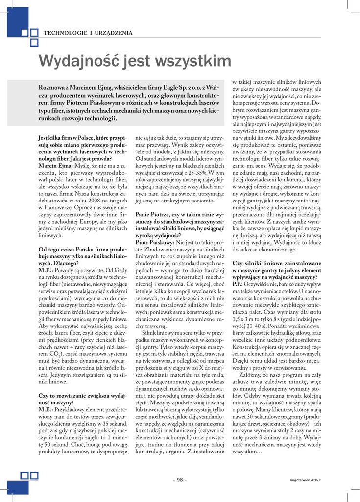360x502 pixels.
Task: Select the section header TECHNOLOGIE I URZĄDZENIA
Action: [88, 33]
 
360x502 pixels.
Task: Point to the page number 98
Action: [180, 479]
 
